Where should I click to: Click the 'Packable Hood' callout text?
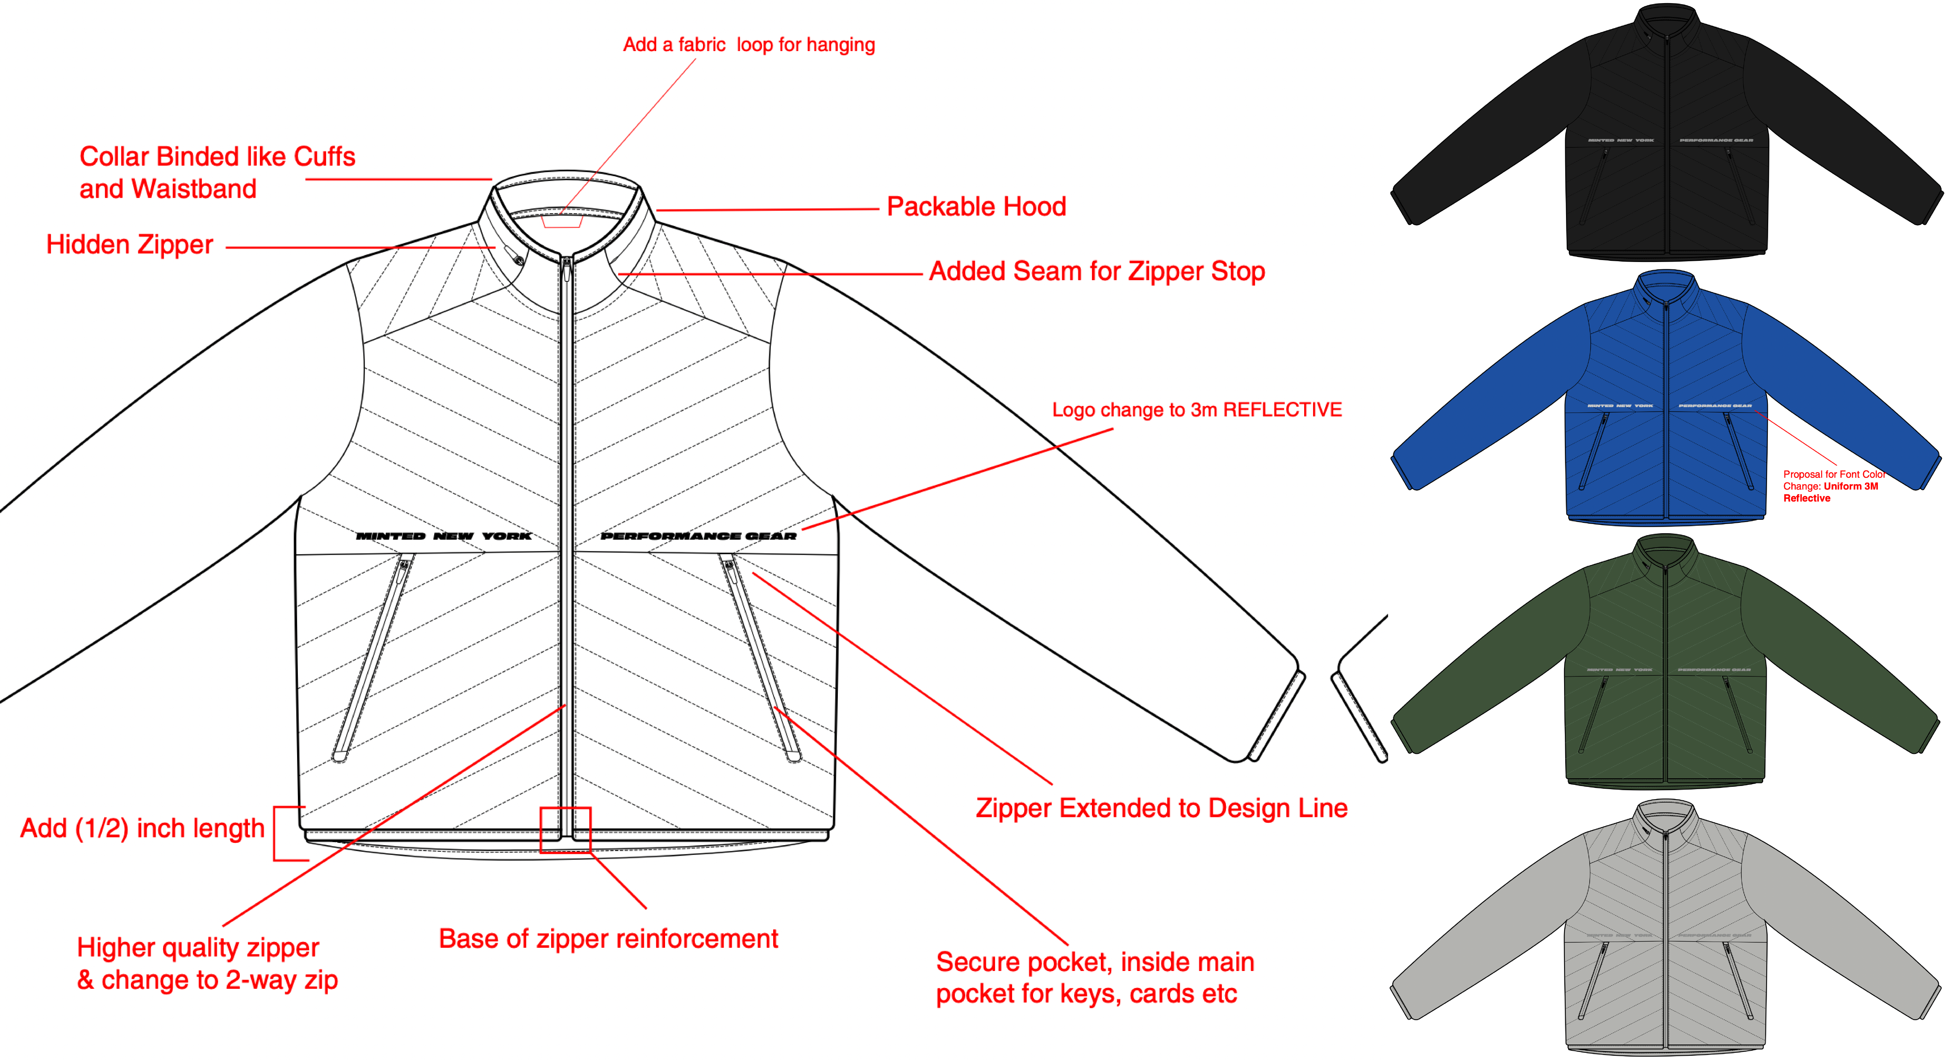pos(976,206)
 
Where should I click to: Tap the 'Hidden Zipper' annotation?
pos(129,245)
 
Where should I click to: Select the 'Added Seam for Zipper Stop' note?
pos(1097,271)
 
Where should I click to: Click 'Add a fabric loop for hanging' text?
pos(749,45)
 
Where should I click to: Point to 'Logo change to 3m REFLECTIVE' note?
pos(1196,410)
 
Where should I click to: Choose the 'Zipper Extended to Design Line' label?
pos(1161,808)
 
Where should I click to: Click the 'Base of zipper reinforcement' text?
pos(608,938)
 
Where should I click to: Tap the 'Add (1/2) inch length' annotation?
pos(142,828)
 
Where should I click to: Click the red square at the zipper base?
pos(565,830)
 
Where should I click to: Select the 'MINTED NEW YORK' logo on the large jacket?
pos(444,536)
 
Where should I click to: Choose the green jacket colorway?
pos(1666,664)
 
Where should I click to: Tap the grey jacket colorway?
pos(1666,929)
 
